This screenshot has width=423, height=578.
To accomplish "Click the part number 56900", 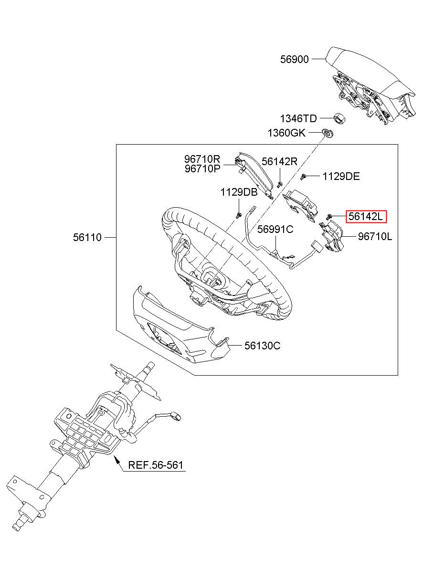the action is click(x=294, y=59).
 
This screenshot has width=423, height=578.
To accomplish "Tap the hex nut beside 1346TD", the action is click(x=339, y=119).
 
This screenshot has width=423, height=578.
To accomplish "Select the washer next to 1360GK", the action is click(x=328, y=134).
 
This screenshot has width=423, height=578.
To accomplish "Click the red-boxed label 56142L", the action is click(x=366, y=216).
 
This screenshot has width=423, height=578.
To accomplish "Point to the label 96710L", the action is click(x=375, y=236).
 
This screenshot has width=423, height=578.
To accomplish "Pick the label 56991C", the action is click(x=275, y=229).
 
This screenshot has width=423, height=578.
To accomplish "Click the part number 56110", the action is click(x=87, y=237).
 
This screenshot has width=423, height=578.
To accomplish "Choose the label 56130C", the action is click(x=262, y=346).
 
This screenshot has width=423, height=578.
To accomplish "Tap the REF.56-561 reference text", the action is click(x=156, y=465).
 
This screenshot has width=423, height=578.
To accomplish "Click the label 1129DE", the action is click(x=341, y=177).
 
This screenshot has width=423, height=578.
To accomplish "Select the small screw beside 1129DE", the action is click(x=303, y=177).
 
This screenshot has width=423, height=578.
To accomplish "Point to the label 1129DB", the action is click(x=239, y=192).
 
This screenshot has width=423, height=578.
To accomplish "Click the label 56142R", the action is click(x=279, y=161).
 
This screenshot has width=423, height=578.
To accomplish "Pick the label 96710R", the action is click(x=202, y=158).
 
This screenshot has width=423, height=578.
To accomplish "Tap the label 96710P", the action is click(x=202, y=169).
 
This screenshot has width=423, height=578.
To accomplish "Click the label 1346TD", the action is click(x=298, y=119).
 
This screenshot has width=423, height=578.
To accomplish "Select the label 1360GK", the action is click(x=286, y=133).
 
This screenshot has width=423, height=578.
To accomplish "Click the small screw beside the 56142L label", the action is click(x=329, y=217).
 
